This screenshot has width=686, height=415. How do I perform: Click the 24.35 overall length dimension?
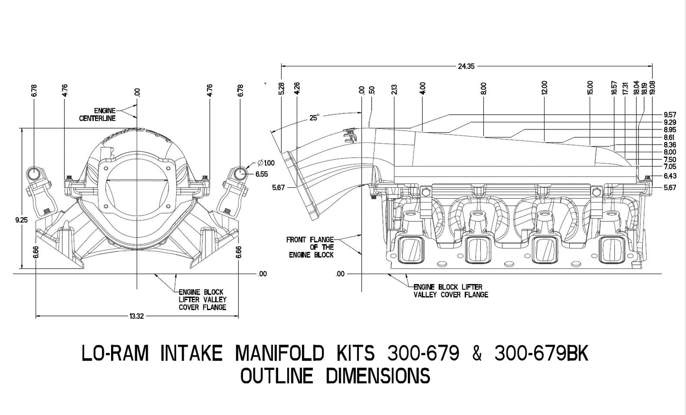pyautogui.click(x=466, y=66)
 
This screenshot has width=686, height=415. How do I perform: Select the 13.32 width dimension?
pyautogui.click(x=136, y=316)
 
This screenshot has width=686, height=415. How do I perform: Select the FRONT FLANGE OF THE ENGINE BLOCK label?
pyautogui.click(x=310, y=247)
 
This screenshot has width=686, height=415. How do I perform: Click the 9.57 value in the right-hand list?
pyautogui.click(x=670, y=115)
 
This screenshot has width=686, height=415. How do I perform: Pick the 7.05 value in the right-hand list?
pyautogui.click(x=670, y=167)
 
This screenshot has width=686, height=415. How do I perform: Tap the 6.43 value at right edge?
pyautogui.click(x=670, y=176)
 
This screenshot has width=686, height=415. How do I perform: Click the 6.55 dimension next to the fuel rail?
pyautogui.click(x=262, y=174)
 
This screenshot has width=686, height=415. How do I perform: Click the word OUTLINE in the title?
pyautogui.click(x=276, y=376)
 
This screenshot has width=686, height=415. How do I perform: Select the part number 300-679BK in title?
pyautogui.click(x=541, y=353)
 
